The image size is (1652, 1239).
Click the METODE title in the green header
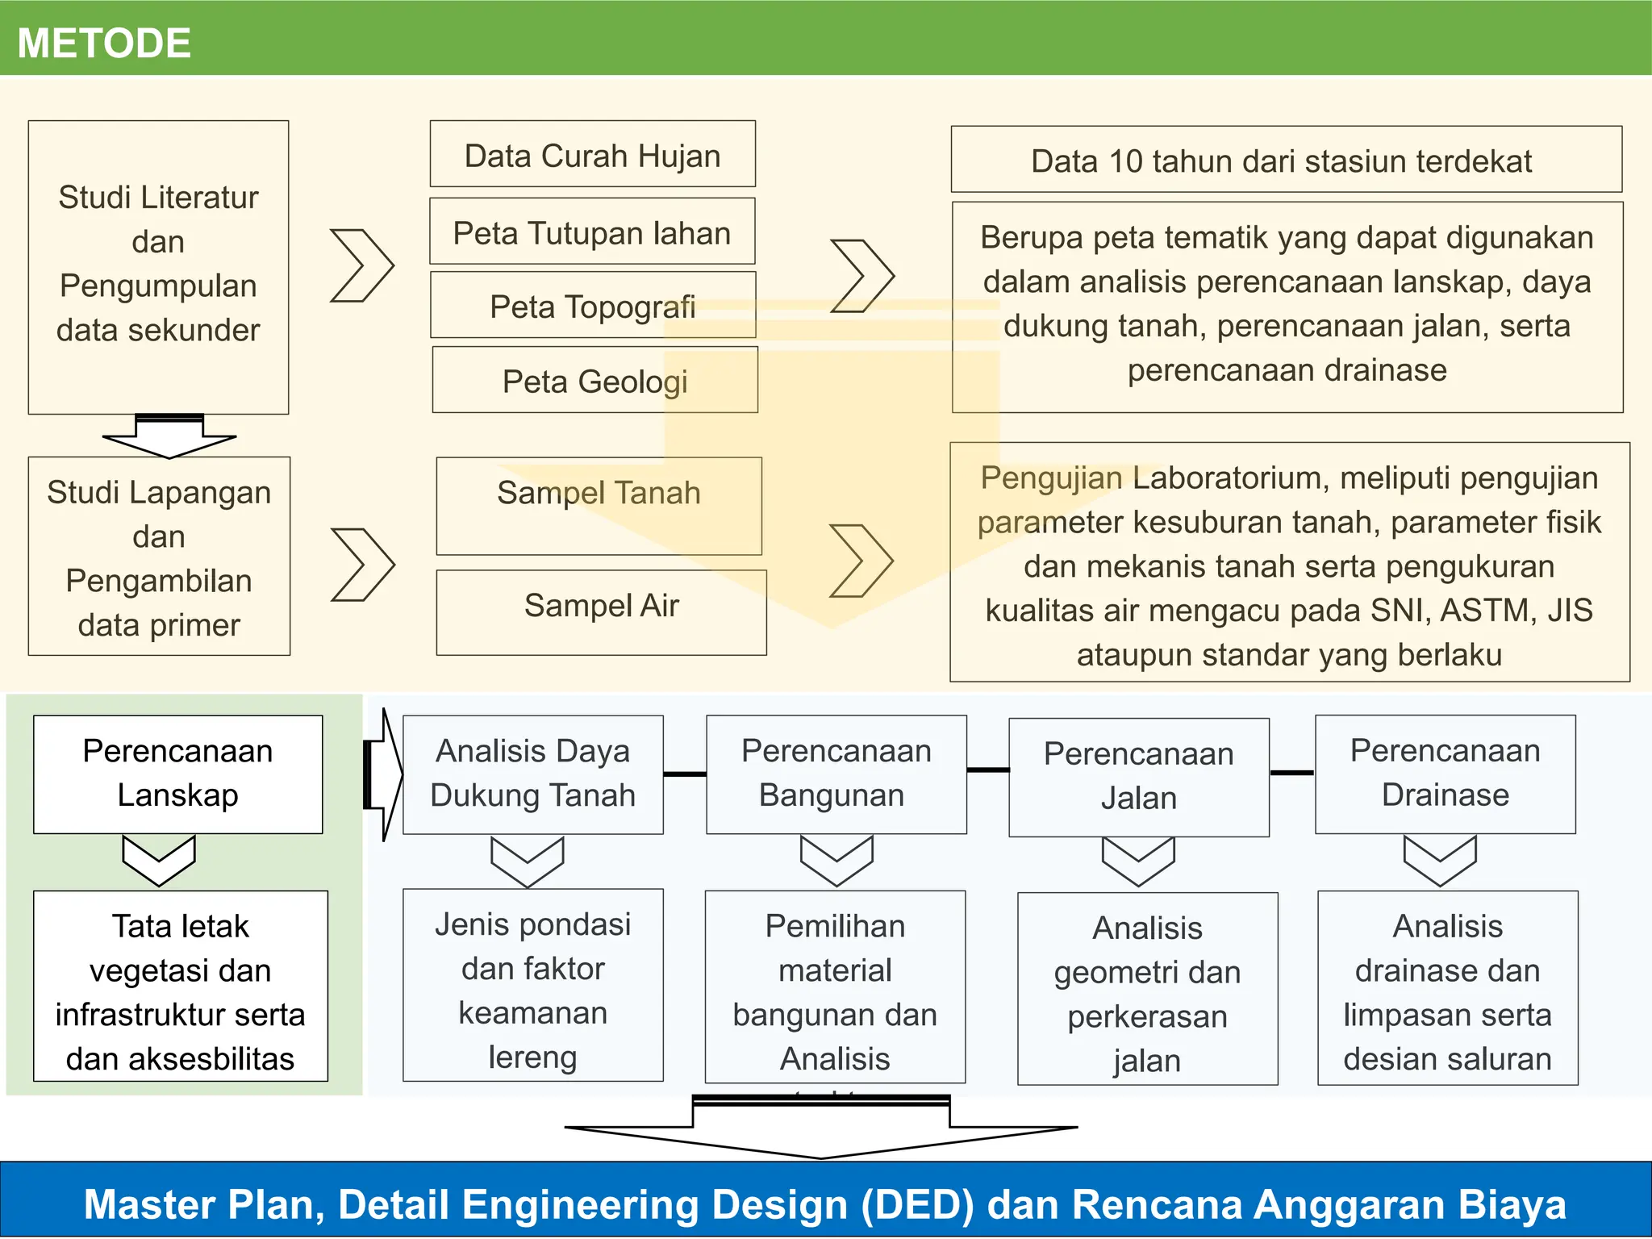point(104,43)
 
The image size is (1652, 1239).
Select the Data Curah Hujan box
point(592,154)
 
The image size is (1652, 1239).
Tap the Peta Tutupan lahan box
point(592,232)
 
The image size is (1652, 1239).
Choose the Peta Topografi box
point(592,305)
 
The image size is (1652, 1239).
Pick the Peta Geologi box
point(594,380)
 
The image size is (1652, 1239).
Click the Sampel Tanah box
point(599,506)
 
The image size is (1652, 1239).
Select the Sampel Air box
point(601,612)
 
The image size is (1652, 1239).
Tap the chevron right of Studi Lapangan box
point(362,565)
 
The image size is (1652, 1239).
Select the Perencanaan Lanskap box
point(177,774)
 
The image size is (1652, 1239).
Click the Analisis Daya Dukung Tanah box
point(532,774)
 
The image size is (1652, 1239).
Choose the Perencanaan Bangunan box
point(836,774)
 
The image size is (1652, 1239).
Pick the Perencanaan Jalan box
point(1138,777)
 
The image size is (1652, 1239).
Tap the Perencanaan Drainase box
point(1445,774)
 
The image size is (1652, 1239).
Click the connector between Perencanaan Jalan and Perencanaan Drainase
point(1291,773)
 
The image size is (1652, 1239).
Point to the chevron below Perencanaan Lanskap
point(158,861)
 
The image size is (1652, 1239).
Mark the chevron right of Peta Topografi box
point(862,276)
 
